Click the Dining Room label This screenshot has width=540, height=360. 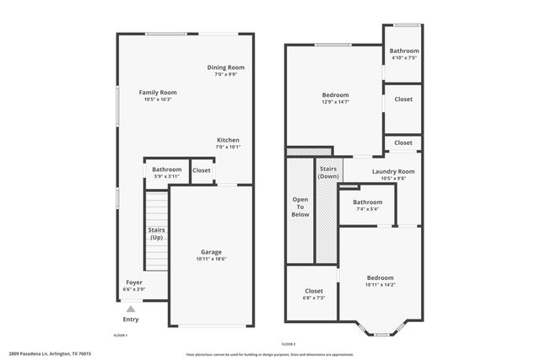coord(226,67)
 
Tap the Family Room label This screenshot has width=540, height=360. coord(158,92)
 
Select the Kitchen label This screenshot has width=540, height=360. coord(228,140)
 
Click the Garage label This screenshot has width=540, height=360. coord(211,251)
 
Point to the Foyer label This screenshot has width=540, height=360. coord(134,282)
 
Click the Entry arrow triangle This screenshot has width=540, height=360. coord(130,309)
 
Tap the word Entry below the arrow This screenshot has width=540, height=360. coord(131,320)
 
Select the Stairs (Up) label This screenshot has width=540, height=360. coord(157,234)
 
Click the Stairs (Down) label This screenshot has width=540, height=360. coord(328,173)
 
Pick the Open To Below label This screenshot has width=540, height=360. coord(300,207)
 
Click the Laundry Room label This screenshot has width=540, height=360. coord(393,171)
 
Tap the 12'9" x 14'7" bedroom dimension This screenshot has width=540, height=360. coord(335,103)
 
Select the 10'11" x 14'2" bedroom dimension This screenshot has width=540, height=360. coord(380,285)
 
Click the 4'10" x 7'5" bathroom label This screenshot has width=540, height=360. coord(404,58)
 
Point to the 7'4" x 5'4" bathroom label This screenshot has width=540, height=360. coord(367,209)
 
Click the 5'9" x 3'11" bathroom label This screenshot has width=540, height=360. coord(166,176)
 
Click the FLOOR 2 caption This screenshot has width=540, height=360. coord(289,344)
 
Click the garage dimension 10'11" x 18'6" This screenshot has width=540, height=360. coord(211,259)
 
